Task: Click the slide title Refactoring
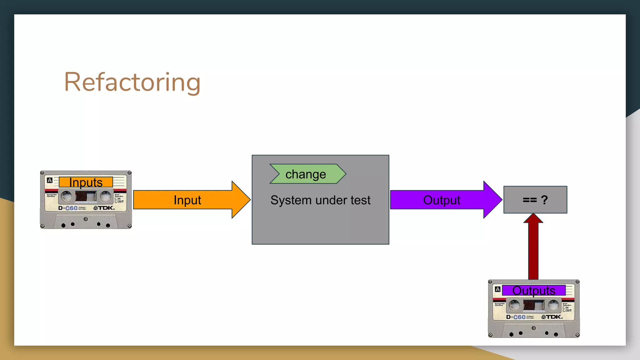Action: [x=132, y=82]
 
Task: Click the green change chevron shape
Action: [x=307, y=174]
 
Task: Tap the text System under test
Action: [x=320, y=200]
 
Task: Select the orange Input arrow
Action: [x=187, y=200]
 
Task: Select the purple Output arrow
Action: [x=442, y=200]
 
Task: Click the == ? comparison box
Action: [x=535, y=200]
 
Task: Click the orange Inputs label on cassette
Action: [x=86, y=182]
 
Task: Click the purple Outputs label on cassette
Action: [x=534, y=290]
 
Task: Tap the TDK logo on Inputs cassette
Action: [x=104, y=208]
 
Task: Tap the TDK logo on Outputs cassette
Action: [x=552, y=317]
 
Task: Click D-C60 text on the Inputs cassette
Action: [x=68, y=208]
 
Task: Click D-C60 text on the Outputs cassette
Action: [x=516, y=317]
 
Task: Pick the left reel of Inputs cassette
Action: [x=66, y=197]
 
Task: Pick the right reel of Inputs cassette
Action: [x=105, y=197]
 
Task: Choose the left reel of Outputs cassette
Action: [x=514, y=305]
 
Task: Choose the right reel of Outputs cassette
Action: [x=553, y=305]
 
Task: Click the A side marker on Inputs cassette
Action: [x=50, y=180]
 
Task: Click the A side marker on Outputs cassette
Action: [x=498, y=289]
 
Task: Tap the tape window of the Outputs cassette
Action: [x=534, y=305]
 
